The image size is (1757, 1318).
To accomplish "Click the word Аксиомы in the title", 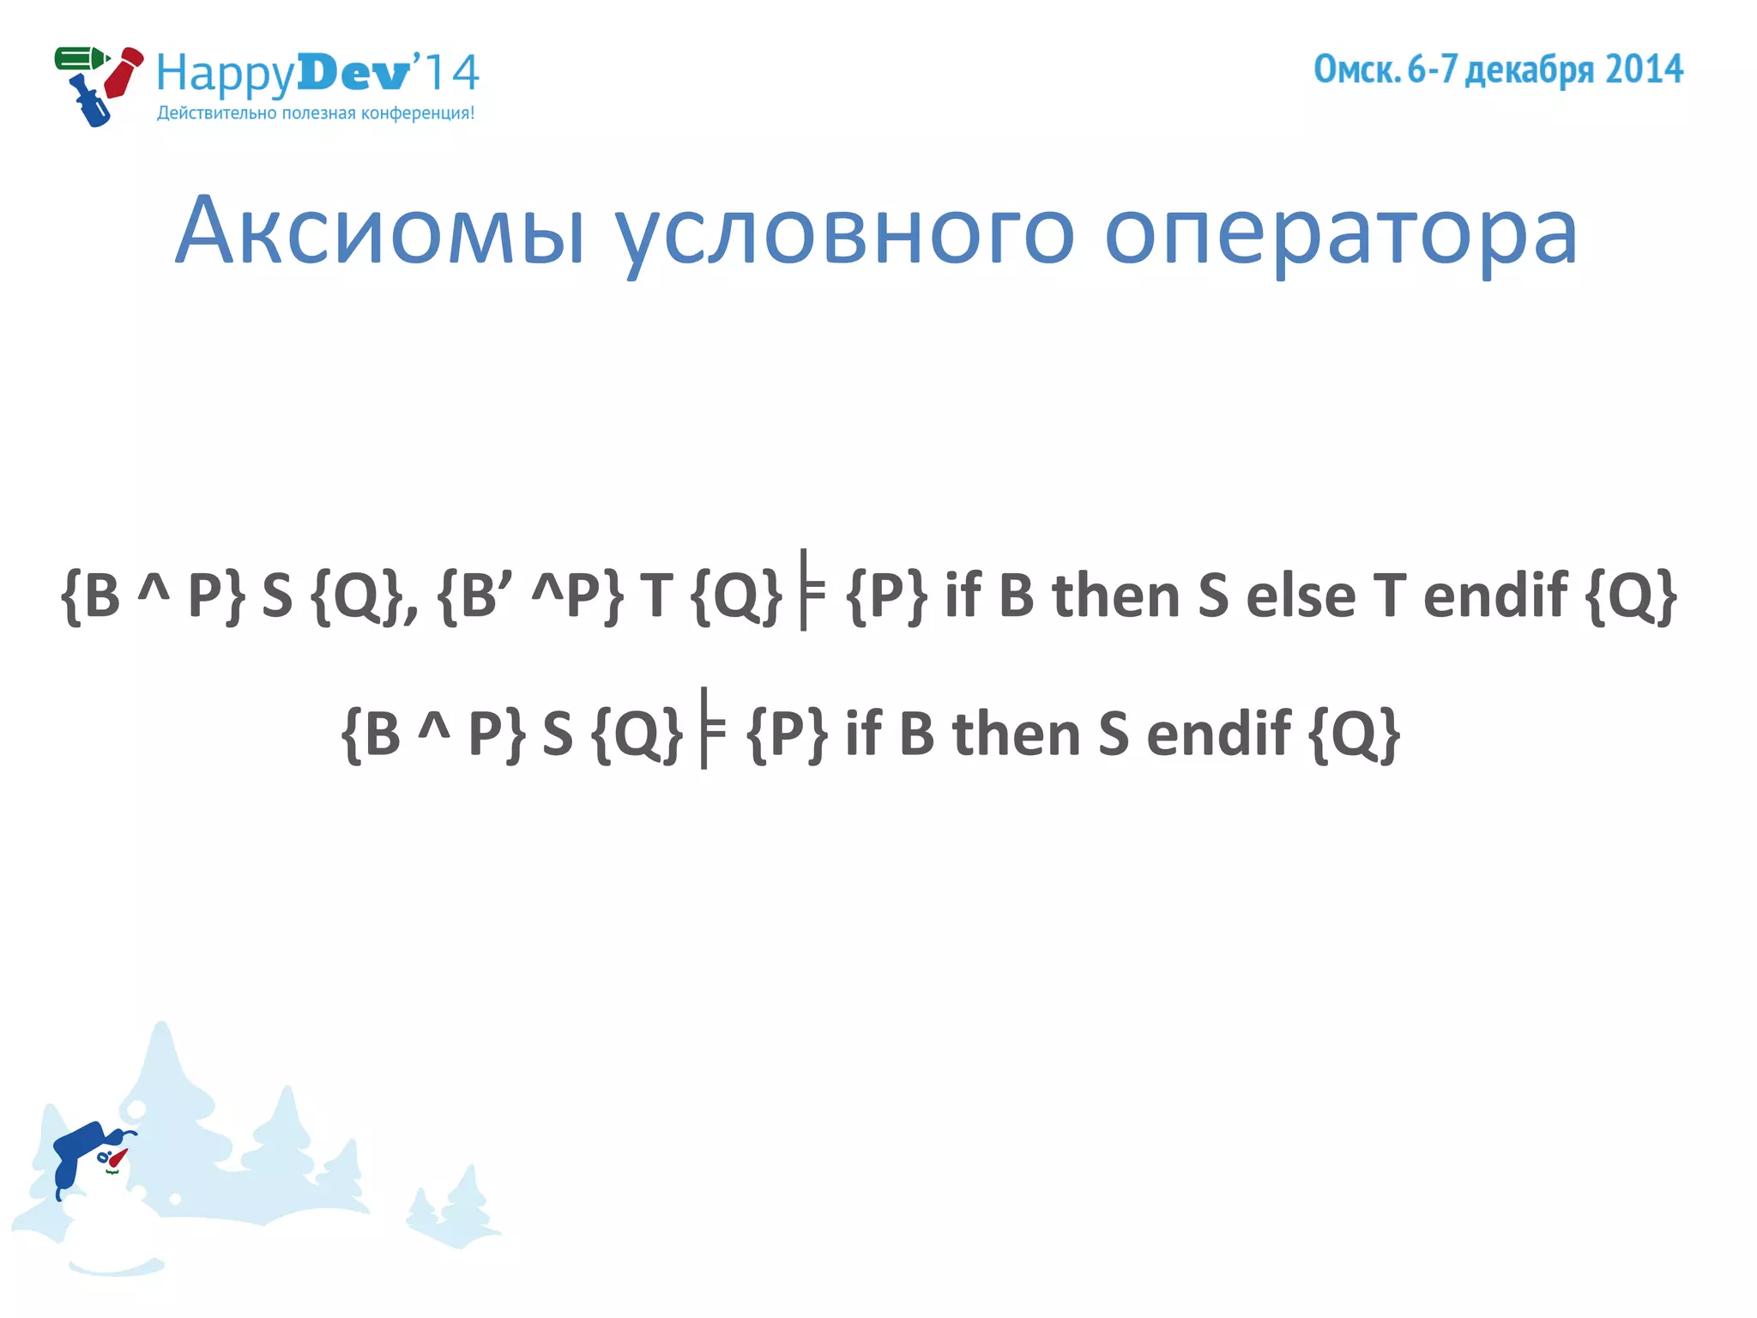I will coord(381,232).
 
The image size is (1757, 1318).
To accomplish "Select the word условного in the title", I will coord(844,233).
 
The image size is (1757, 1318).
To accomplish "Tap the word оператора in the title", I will coord(1340,233).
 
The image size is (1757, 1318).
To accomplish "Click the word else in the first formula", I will coord(1300,596).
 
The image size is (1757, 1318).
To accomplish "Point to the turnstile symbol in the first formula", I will coord(811,590).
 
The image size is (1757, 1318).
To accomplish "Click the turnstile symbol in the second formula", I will coord(711,729).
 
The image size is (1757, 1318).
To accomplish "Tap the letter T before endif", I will coord(1389,596).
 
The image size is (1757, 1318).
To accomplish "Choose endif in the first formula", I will coord(1494,596).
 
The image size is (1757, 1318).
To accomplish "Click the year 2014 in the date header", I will coord(1644,70).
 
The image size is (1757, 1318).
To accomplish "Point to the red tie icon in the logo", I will coord(123,73).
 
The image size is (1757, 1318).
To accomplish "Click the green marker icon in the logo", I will coord(80,59).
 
